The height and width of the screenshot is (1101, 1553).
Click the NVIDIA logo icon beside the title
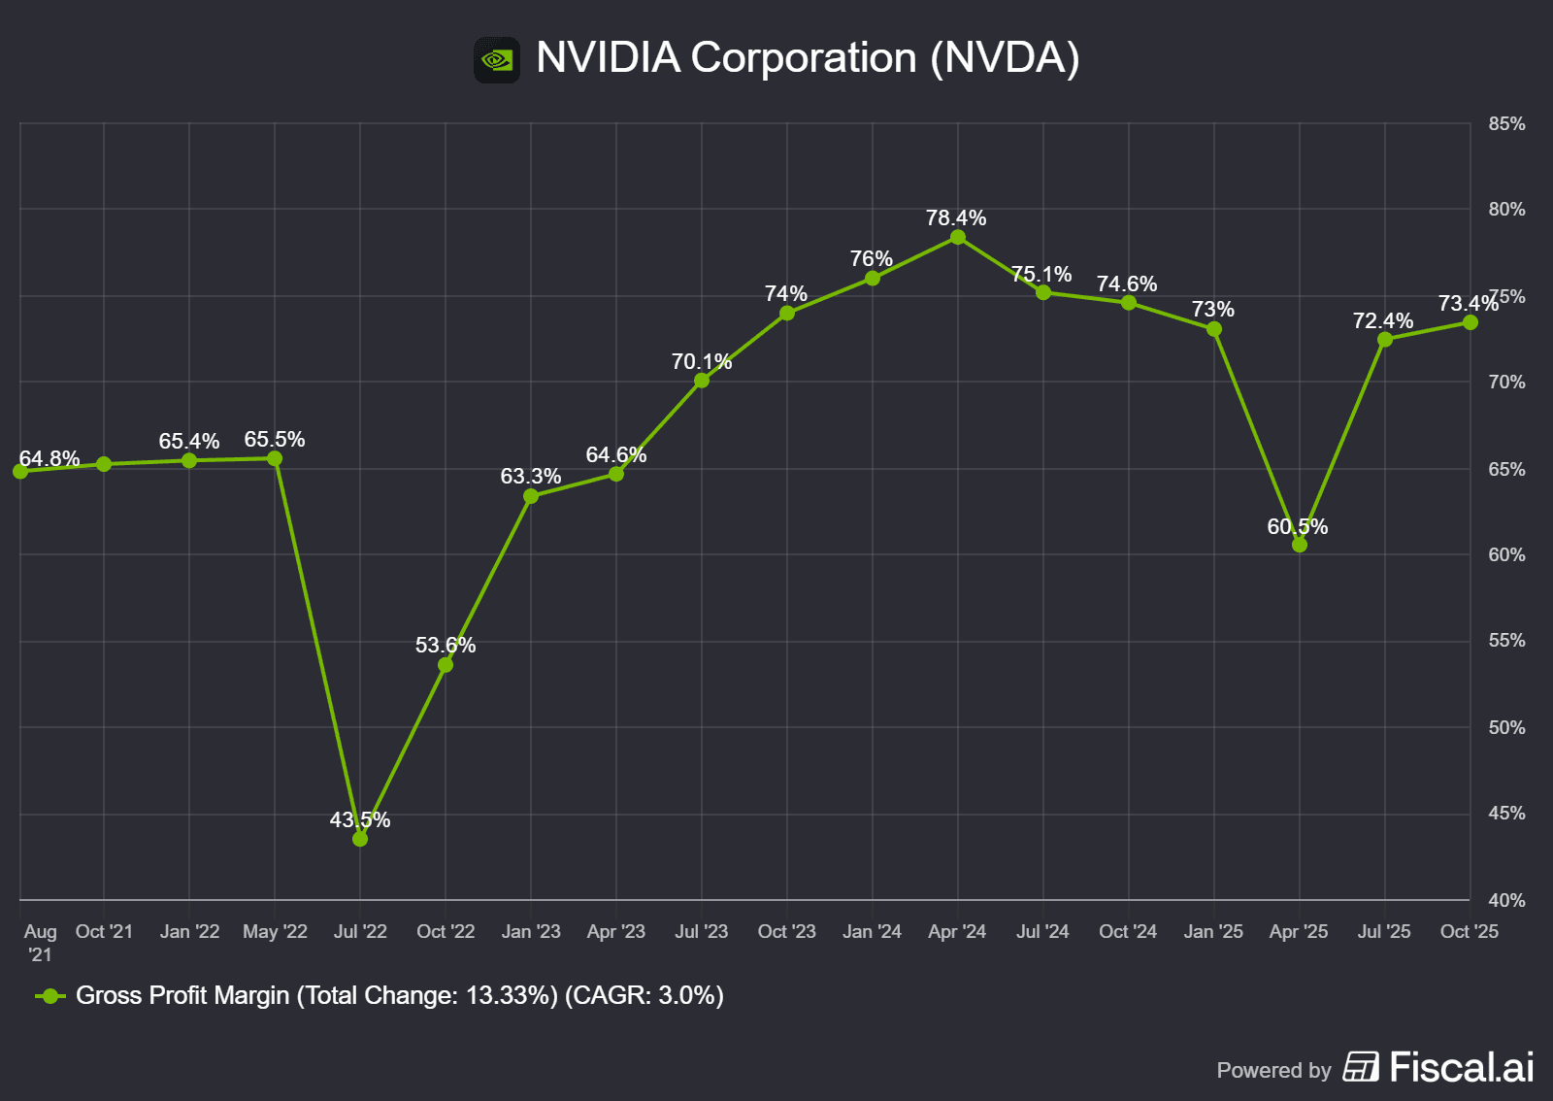[x=497, y=60]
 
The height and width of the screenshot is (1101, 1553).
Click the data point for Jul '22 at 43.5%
[x=360, y=839]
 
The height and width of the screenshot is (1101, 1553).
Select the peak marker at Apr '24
[x=958, y=238]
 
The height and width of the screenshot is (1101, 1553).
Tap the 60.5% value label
[x=1297, y=527]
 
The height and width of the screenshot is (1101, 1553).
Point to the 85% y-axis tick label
[x=1506, y=124]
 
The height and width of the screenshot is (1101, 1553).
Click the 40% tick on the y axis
[x=1506, y=901]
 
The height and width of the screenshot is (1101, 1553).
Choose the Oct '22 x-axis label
[x=446, y=932]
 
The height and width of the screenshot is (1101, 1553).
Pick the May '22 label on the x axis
[x=275, y=932]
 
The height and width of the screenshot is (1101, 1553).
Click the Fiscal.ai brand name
[x=1462, y=1068]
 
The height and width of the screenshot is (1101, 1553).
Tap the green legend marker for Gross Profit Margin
[x=50, y=996]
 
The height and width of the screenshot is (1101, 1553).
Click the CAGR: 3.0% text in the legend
[x=644, y=996]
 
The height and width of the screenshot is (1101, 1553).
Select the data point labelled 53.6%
[x=446, y=665]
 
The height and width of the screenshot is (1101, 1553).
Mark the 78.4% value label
[x=956, y=218]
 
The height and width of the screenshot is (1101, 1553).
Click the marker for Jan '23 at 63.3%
[x=531, y=496]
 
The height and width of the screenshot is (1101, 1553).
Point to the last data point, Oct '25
[x=1470, y=322]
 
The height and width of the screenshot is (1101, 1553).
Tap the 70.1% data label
[x=701, y=362]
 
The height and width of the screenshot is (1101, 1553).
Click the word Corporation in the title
[x=803, y=58]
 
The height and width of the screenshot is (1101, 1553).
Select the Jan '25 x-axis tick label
[x=1213, y=932]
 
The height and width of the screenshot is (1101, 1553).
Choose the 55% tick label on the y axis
[x=1506, y=641]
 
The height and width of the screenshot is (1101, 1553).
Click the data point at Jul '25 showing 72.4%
[x=1385, y=340]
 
